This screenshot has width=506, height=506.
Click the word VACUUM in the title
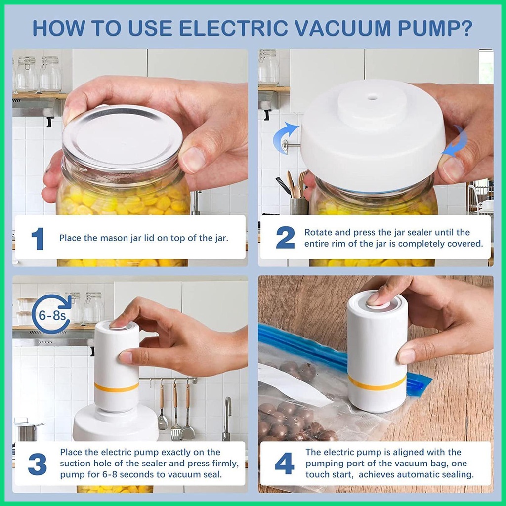[343, 28]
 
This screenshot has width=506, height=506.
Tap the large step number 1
[38, 239]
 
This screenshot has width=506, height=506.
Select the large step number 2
[285, 237]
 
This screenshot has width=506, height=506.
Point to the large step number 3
[38, 464]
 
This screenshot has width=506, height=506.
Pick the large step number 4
[284, 464]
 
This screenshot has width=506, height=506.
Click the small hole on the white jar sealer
[372, 96]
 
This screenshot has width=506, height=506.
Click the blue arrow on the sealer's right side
[456, 141]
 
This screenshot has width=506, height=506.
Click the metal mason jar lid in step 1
[123, 138]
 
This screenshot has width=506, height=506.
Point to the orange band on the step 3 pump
[117, 387]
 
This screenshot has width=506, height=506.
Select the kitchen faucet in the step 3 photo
[227, 419]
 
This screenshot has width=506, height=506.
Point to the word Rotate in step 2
[319, 232]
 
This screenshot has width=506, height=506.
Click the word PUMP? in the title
[435, 28]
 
